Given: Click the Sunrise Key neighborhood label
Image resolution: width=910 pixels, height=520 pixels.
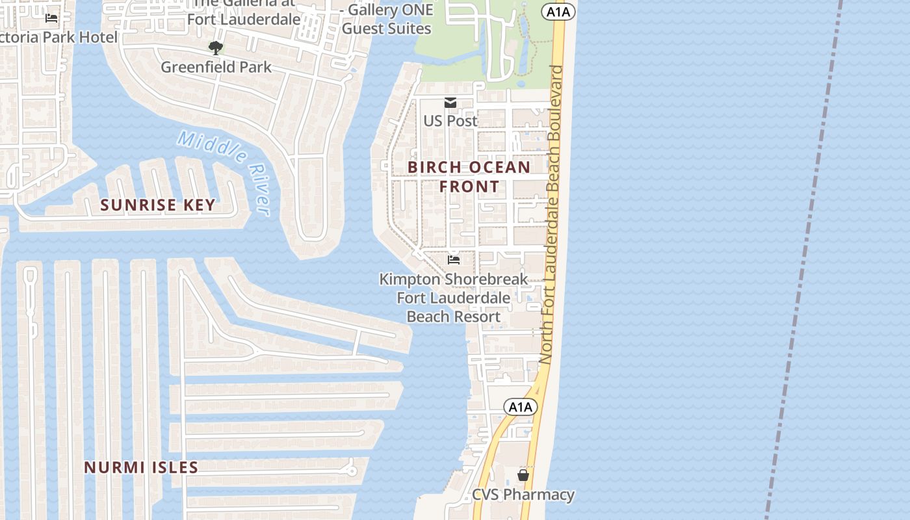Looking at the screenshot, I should coord(157,205).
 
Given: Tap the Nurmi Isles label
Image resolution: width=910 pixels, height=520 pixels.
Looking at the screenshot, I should coord(141,467).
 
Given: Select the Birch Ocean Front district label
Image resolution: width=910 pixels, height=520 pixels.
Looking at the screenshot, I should coord(469,176).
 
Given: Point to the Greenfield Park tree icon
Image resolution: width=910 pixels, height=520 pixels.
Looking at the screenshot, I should coord(215,48).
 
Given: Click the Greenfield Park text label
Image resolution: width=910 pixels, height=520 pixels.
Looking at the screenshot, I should coord(216,67).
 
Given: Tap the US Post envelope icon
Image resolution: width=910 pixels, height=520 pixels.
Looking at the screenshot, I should coord(450,103).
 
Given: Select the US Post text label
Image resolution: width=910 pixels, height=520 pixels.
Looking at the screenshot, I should coord(450,121).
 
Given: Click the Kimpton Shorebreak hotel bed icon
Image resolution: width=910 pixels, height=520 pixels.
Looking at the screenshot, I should coord(454,260).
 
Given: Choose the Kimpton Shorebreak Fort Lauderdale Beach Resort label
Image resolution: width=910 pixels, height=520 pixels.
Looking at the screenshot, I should coord(453,298).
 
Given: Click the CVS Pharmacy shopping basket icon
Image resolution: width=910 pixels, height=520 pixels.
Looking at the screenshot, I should coord(523,476).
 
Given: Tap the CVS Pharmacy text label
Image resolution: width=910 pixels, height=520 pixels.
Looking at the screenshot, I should coord(523,495).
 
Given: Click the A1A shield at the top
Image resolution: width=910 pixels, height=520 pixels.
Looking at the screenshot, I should coord(558,11).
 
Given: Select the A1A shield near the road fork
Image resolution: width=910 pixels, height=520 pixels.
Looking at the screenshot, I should coord(521,407).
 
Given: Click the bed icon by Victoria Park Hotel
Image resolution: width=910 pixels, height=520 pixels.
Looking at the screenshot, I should coord(51,19).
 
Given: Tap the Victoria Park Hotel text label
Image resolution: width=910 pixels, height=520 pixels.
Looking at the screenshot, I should coord(58,37).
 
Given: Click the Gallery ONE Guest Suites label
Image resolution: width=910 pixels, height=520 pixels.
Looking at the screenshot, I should coord(387,19).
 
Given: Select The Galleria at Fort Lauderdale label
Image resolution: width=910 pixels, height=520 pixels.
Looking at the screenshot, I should coord(244,12).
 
